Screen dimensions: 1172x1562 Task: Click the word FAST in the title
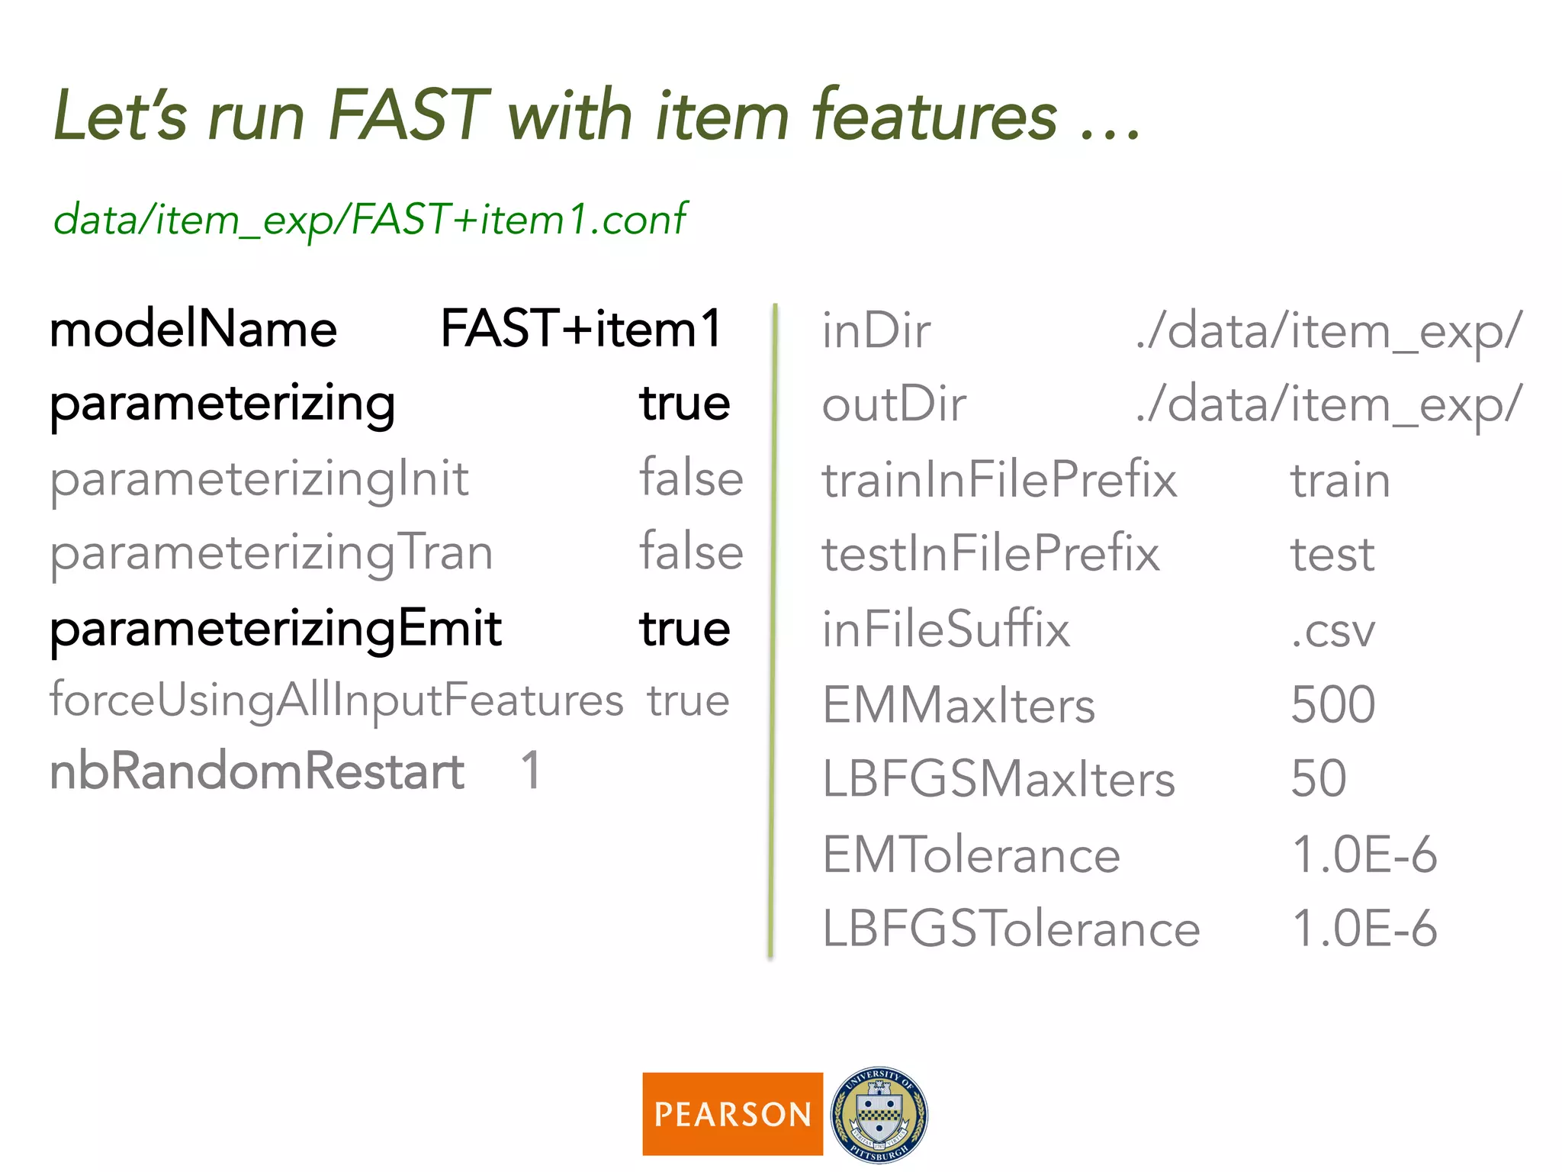coord(407,116)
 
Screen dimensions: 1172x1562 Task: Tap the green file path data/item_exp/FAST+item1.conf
coord(370,220)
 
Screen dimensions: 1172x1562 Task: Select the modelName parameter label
coord(193,330)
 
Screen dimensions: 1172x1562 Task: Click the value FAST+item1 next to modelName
coord(581,329)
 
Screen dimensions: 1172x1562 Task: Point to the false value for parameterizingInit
coord(691,478)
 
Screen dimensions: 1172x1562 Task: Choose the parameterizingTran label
coord(272,553)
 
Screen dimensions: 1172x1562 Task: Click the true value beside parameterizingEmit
coord(685,629)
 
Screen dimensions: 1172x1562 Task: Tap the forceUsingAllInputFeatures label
coord(336,700)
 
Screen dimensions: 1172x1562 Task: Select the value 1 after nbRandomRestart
coord(531,770)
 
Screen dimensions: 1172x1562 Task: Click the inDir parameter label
coord(876,331)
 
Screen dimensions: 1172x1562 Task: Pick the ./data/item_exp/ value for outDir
coord(1329,404)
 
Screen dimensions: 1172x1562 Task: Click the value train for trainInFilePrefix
coord(1340,481)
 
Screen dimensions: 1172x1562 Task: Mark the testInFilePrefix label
coord(990,554)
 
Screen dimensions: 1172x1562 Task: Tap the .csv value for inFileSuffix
coord(1332,630)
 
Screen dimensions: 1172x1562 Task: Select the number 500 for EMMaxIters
coord(1332,704)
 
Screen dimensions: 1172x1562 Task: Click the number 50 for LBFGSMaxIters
coord(1318,778)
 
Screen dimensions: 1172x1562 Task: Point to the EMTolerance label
coord(971,855)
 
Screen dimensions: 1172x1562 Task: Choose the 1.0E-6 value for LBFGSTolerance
coord(1364,929)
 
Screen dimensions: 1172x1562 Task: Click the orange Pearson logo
coord(732,1114)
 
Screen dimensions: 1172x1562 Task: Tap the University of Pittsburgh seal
coord(879,1114)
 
